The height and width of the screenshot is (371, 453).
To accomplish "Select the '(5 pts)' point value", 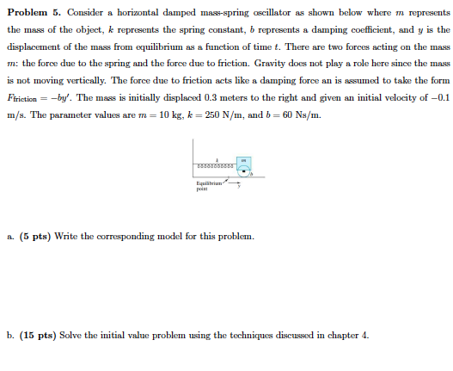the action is tap(39, 235).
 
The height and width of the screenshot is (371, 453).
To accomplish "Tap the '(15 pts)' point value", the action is tap(41, 335).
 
